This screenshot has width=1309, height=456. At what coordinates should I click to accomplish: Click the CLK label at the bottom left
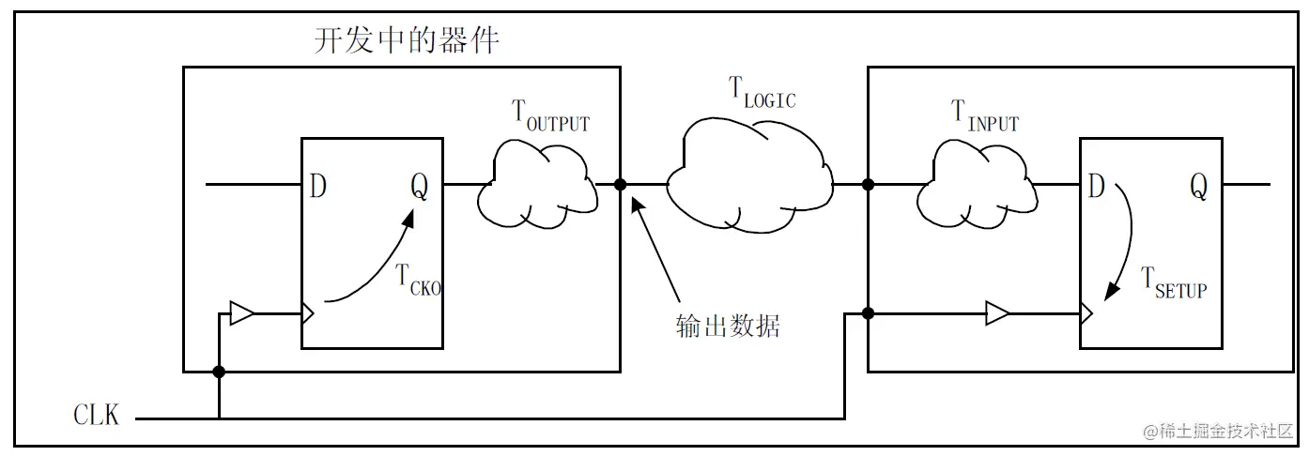[97, 415]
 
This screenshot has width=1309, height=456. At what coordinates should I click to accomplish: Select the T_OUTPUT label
[550, 115]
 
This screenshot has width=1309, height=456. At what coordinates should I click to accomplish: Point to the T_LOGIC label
[762, 93]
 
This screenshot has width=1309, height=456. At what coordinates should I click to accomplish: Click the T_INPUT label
[985, 117]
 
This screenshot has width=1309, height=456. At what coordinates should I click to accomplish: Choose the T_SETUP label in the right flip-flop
[1174, 281]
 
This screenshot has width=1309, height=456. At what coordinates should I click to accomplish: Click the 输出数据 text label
[728, 326]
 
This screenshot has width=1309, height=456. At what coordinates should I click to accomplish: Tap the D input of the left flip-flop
[317, 188]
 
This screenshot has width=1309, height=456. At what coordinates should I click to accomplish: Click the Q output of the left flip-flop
[419, 188]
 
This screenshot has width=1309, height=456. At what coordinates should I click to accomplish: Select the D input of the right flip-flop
[1096, 188]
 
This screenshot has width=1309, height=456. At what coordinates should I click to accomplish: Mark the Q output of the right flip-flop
[1198, 188]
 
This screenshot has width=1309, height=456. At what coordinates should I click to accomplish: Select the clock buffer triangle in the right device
[997, 313]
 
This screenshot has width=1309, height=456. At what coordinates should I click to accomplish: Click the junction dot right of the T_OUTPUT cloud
[620, 185]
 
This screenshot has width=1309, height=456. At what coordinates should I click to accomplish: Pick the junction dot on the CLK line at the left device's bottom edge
[219, 372]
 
